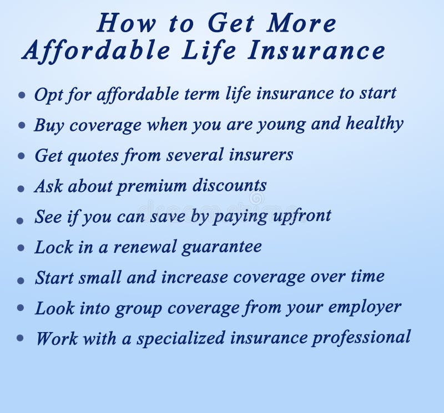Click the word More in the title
(x=302, y=23)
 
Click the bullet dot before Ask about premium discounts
(x=21, y=188)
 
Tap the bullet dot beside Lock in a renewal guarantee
(x=21, y=249)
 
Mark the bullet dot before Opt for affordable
(x=22, y=95)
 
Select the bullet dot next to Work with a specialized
(x=21, y=337)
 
